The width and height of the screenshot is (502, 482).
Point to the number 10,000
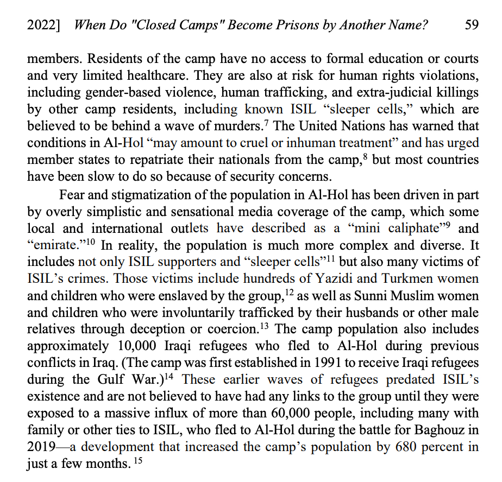[x=135, y=346]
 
